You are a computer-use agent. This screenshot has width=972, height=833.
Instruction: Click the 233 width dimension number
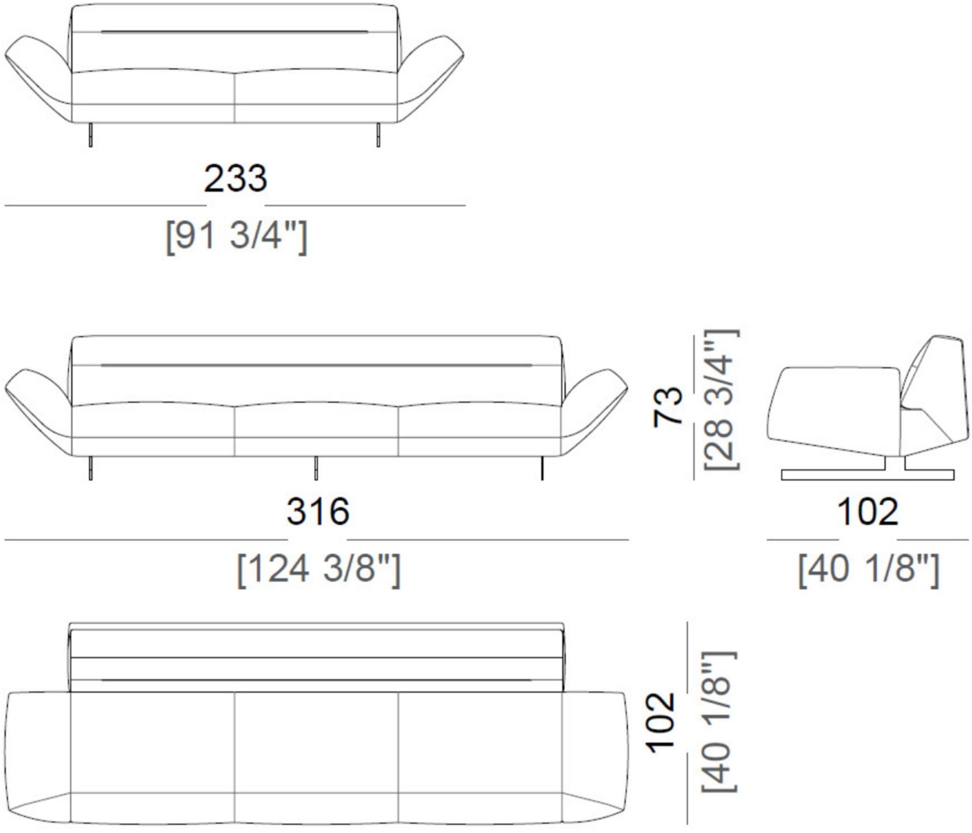point(235,178)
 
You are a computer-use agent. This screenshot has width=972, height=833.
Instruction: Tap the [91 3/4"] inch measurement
point(237,236)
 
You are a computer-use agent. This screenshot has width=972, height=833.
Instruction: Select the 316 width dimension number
point(318,511)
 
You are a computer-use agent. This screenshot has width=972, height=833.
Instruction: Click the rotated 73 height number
point(668,406)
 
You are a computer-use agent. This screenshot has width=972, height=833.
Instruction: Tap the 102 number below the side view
point(867,512)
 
